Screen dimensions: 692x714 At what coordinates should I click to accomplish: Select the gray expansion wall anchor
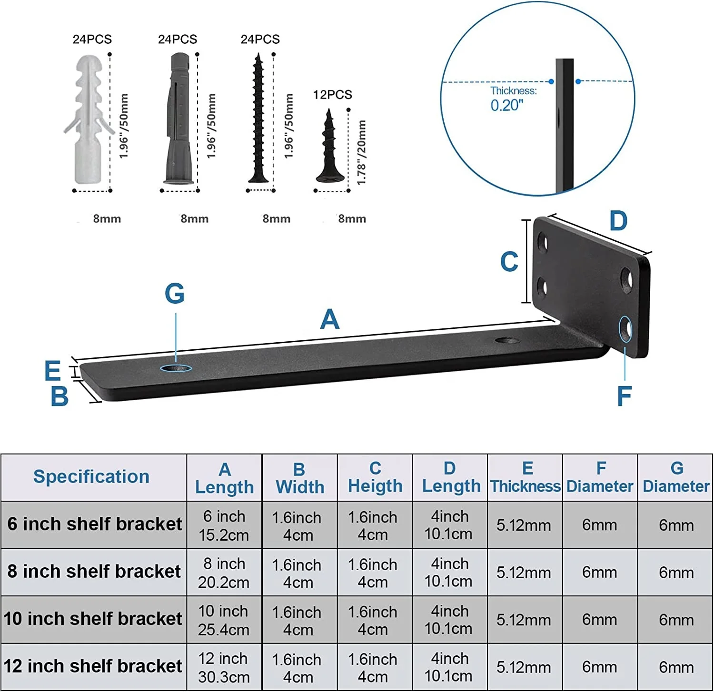click(x=178, y=119)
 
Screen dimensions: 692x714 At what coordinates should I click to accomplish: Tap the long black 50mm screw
click(x=258, y=119)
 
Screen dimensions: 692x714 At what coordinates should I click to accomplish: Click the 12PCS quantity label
click(x=332, y=95)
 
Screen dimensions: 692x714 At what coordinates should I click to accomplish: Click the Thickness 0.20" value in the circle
click(x=507, y=105)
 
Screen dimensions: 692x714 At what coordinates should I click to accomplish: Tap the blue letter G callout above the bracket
click(x=174, y=294)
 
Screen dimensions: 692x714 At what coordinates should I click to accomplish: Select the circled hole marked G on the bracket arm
click(x=176, y=368)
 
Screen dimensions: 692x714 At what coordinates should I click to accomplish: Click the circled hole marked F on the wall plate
click(x=625, y=329)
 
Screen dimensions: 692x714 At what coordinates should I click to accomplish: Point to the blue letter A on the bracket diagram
click(x=329, y=319)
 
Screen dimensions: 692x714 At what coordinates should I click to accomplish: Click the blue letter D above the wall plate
click(x=618, y=221)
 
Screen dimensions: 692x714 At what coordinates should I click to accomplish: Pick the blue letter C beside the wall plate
click(x=509, y=262)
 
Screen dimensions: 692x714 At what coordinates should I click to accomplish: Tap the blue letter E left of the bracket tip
click(x=52, y=371)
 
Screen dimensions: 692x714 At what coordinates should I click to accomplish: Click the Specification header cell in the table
click(x=92, y=477)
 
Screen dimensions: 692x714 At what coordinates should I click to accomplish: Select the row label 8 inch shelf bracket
click(x=94, y=571)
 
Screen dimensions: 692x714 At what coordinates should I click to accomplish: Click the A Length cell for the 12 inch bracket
click(x=223, y=667)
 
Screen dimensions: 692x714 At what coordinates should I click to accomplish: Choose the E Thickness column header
click(x=525, y=477)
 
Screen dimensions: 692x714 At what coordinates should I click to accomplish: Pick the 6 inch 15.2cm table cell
click(x=224, y=525)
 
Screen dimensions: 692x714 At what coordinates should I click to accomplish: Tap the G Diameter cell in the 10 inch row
click(x=675, y=620)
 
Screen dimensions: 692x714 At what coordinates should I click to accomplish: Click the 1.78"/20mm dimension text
click(x=361, y=152)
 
